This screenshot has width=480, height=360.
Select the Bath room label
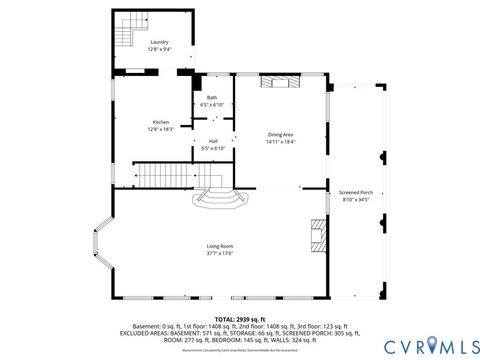click(211, 98)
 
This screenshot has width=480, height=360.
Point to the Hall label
click(213, 141)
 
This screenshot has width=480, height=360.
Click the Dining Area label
click(280, 135)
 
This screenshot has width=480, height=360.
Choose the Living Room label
click(220, 246)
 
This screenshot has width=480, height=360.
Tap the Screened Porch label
click(355, 192)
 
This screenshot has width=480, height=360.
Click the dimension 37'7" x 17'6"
click(220, 253)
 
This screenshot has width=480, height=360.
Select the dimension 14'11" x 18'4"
click(280, 142)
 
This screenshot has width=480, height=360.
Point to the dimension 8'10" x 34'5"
click(355, 199)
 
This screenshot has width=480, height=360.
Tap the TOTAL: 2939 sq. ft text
click(240, 319)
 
